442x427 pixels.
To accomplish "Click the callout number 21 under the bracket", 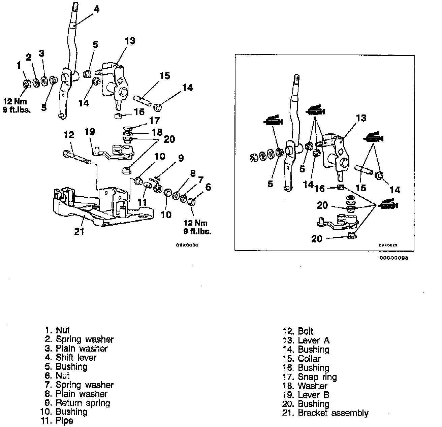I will tap(79, 232).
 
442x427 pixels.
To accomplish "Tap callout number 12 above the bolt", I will tap(69, 135).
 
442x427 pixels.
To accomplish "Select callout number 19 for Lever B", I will tap(90, 131).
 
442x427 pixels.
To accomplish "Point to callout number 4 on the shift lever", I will tap(96, 9).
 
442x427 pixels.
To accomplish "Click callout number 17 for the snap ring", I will tap(155, 120).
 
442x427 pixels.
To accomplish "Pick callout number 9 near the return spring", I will tap(181, 158).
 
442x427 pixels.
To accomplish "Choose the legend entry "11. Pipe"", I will tap(57, 421).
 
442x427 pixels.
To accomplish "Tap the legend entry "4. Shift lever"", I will tap(71, 357).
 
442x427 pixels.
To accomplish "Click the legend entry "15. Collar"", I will tap(302, 359).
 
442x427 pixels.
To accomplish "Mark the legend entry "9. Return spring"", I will tap(77, 403).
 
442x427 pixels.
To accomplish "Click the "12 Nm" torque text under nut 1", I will tap(15, 101).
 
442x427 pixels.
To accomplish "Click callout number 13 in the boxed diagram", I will tap(361, 118).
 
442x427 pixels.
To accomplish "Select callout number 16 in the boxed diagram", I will tap(319, 188).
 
